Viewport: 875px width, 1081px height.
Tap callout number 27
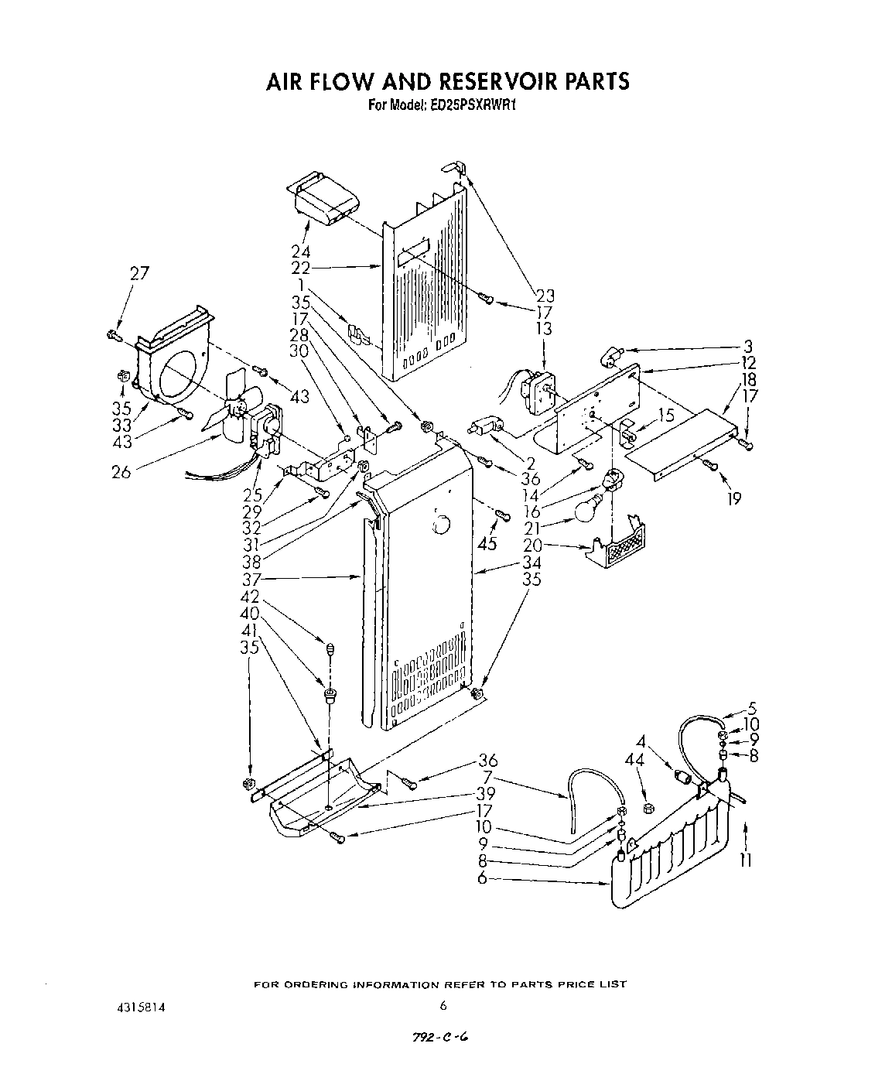tap(139, 272)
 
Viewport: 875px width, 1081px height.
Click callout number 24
tap(301, 251)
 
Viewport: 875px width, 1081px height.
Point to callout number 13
tap(545, 329)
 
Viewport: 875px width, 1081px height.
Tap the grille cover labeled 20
tap(623, 546)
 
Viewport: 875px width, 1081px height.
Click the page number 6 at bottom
tap(443, 1006)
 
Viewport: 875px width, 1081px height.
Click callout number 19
tap(733, 499)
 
